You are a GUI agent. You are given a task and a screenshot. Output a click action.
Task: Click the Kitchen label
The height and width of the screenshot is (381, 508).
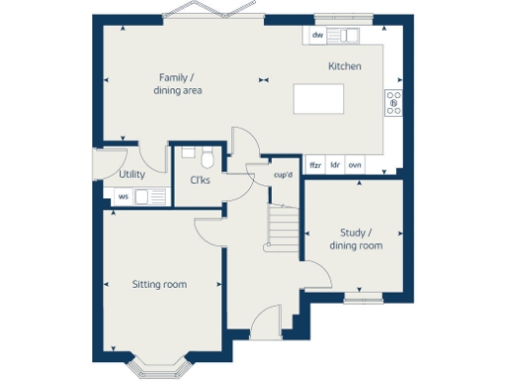coord(344,66)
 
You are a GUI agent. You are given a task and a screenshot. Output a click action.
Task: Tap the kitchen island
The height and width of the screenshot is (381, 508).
coord(318,100)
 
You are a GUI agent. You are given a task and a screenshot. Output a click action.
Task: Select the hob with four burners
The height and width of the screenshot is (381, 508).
coord(393,102)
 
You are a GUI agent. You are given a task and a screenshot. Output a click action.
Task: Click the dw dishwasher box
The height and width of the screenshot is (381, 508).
coord(317,36)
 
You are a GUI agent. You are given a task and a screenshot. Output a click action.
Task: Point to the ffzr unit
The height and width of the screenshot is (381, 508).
coord(316,165)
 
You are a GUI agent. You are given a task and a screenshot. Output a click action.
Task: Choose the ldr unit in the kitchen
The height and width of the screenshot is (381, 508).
coord(335,165)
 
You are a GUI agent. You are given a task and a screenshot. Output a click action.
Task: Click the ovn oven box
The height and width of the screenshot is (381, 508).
coord(354,165)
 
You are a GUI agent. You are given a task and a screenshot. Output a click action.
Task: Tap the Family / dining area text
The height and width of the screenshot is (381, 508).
coord(178,83)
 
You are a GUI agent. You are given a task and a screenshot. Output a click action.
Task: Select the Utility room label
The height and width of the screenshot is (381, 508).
coord(132,175)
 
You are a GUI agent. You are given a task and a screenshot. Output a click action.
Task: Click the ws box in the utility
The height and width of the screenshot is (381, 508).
coord(123,196)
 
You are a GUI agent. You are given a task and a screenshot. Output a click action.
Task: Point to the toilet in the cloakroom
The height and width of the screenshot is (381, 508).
coord(206,158)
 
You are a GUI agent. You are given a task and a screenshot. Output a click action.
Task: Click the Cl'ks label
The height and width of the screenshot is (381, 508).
coord(198,180)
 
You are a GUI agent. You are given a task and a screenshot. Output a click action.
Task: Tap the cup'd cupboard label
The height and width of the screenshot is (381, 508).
coord(283,176)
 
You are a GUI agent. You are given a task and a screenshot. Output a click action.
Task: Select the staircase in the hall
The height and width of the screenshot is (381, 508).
coord(285,227)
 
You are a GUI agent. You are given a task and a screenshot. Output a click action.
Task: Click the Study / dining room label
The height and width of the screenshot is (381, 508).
coord(354,239)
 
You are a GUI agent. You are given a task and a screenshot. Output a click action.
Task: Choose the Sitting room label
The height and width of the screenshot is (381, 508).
coord(160,285)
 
